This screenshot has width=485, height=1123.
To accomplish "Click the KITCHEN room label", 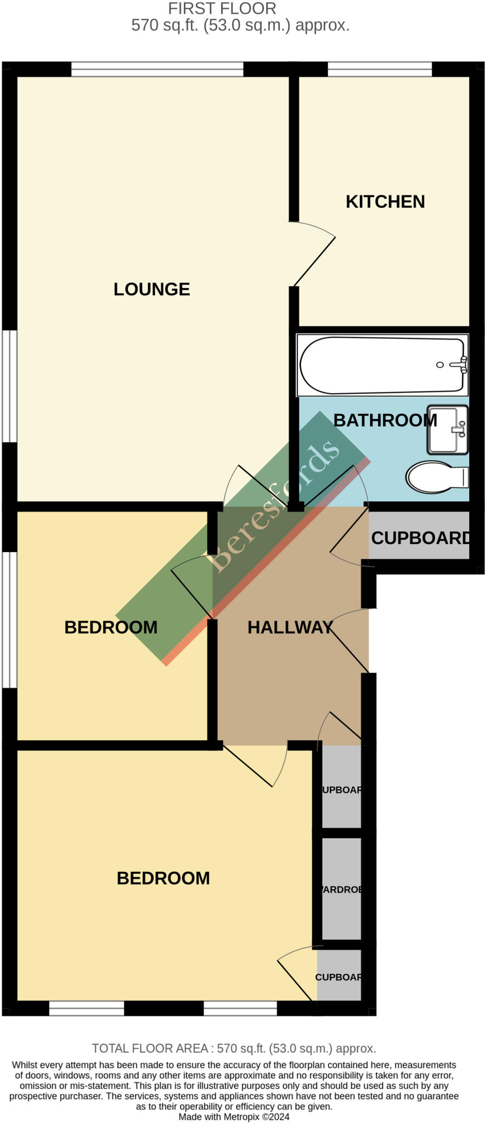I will point(385,202).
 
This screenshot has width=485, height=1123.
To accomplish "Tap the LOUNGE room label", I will point(151,290).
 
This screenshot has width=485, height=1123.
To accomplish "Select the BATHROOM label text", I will point(385,421).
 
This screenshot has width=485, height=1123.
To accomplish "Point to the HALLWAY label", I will point(290,627).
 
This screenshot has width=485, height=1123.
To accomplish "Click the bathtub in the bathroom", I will point(379,365).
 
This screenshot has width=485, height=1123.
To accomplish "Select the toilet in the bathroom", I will point(436,477).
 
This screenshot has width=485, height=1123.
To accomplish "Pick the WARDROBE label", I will point(341,889).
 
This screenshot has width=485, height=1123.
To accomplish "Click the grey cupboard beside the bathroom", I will point(419,537).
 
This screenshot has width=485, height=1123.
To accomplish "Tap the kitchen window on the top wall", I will point(380,69).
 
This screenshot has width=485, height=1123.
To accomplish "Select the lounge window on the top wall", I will point(157,69).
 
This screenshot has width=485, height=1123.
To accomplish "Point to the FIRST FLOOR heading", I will point(222,9).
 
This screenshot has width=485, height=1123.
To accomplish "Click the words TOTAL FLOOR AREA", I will point(149,1048).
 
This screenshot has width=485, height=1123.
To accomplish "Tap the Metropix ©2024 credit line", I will point(234,1116).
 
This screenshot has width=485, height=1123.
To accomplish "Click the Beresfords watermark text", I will point(274,507).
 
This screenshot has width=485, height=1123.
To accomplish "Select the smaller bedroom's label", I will point(111,627).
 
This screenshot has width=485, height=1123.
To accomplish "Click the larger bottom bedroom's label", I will point(163,878).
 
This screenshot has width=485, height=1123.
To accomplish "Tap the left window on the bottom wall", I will point(86,1008).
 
